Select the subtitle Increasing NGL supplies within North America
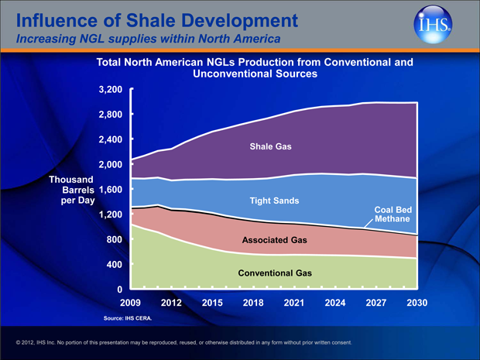pos(137,37)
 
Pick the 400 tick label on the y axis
pos(115,265)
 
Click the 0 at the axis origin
pos(120,290)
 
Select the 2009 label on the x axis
pos(131,302)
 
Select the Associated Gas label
pos(275,240)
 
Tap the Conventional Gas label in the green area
pos(275,273)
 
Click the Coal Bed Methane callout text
pos(393,214)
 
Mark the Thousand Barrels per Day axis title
pos(71,190)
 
